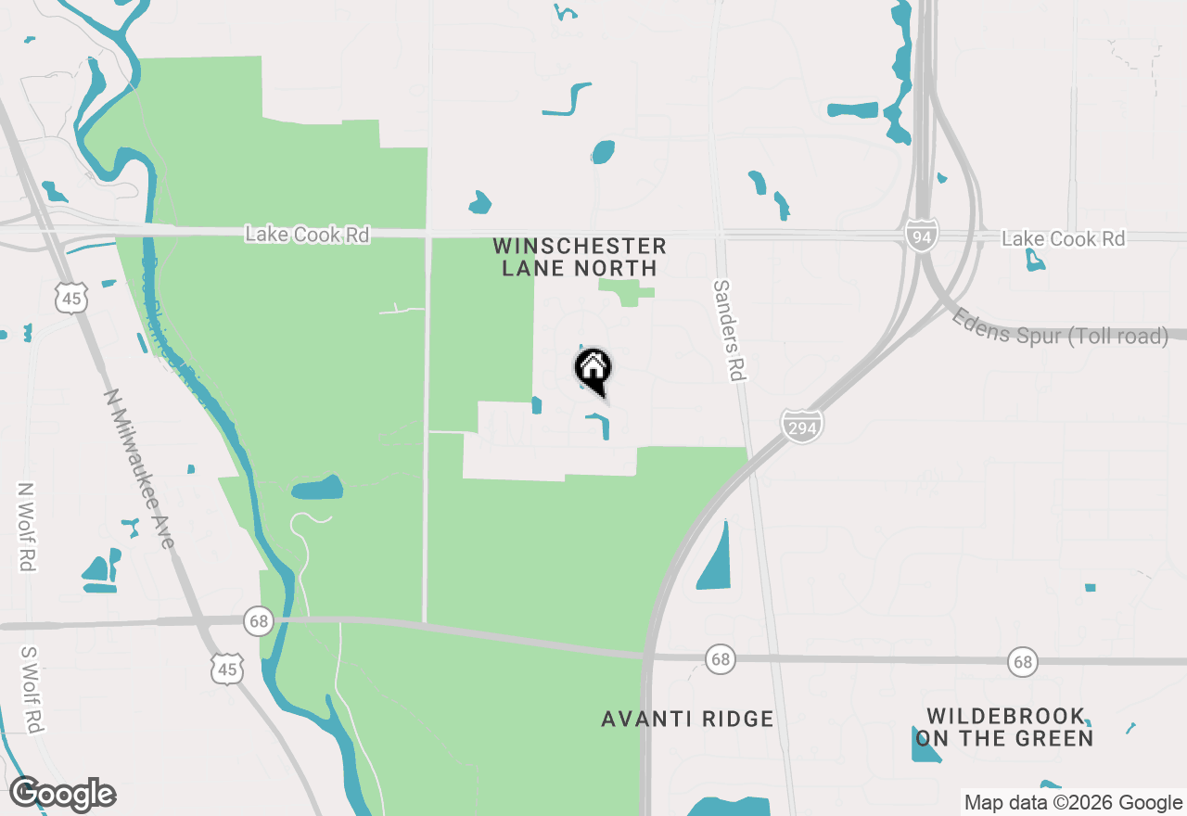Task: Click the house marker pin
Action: point(593,370)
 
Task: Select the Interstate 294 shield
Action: point(802,426)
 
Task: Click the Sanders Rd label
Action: point(730,329)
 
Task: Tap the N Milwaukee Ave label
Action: point(139,467)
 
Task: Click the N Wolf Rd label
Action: point(26,526)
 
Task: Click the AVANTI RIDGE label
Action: point(687,719)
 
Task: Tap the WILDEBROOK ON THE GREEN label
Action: point(1005,728)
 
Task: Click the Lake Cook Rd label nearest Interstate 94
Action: point(1063,239)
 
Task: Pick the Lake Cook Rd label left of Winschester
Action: point(307,235)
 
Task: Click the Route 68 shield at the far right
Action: point(1023,662)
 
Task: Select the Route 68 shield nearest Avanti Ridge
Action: point(721,659)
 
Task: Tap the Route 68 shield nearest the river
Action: point(258,620)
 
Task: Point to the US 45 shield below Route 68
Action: point(227,669)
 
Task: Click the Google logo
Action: point(63,794)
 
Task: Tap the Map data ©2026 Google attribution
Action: point(1072,803)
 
